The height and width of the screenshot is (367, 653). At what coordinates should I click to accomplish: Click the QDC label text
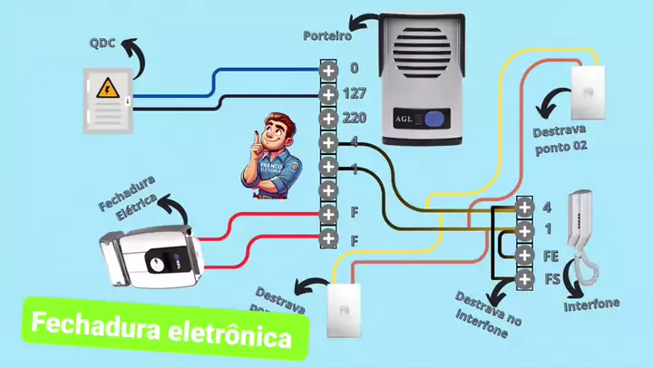pos(102,43)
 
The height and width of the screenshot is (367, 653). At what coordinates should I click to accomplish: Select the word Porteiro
pos(326,36)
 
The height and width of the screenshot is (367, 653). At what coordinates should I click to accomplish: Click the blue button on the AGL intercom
pos(437,118)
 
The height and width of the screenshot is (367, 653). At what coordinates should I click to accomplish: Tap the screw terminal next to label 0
pos(328,69)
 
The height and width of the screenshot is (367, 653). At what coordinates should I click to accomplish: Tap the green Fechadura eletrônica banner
pos(163,329)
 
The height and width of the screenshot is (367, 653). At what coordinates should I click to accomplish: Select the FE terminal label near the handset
pos(551,256)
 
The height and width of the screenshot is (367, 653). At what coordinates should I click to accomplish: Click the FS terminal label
pos(551,278)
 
